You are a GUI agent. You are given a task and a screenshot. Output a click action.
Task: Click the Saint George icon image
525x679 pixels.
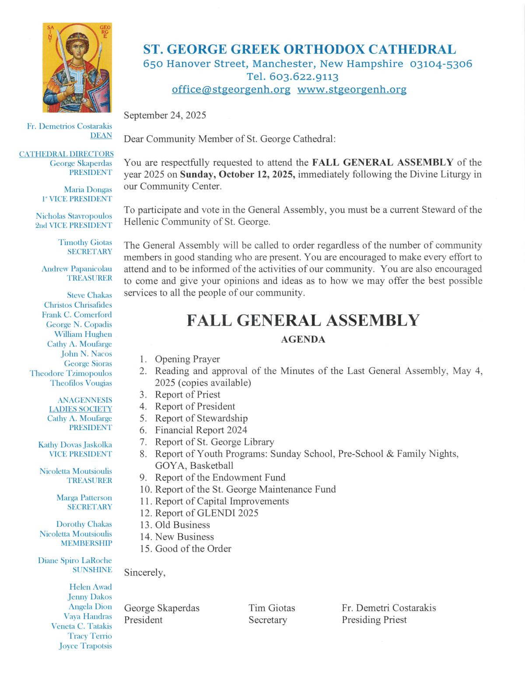(77, 68)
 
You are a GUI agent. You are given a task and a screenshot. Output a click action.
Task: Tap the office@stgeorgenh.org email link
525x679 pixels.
(231, 90)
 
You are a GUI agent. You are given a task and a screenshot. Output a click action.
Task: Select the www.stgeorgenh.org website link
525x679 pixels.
(352, 90)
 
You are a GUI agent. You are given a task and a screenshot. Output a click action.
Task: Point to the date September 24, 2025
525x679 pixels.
(165, 115)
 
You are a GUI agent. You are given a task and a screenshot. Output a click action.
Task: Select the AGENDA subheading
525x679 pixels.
(303, 339)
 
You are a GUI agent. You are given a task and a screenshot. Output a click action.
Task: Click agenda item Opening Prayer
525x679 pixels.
(187, 359)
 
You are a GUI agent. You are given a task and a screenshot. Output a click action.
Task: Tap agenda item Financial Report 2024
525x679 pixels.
(201, 430)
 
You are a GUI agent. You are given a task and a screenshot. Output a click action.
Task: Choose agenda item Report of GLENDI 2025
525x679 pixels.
(206, 513)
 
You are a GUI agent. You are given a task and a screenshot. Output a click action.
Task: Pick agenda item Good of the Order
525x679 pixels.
(193, 549)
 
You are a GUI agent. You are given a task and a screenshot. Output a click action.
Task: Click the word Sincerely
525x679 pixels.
(145, 573)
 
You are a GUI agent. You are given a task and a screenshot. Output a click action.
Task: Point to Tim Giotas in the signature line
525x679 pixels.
(272, 608)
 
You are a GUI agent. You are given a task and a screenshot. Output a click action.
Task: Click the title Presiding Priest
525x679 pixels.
(374, 620)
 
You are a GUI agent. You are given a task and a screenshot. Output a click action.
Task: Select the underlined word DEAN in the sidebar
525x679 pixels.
(101, 136)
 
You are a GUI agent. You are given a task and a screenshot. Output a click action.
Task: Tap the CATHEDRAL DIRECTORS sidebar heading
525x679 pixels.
(66, 154)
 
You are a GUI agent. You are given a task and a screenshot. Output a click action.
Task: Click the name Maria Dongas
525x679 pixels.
(88, 190)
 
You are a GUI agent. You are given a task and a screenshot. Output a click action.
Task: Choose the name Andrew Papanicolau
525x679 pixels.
(77, 269)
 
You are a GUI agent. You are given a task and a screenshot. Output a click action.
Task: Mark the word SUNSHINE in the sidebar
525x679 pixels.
(92, 570)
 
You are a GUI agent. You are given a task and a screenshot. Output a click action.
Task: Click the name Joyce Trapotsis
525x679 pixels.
(85, 646)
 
